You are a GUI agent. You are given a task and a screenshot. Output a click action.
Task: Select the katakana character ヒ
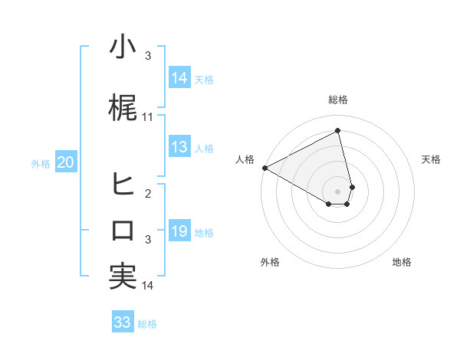click(x=123, y=184)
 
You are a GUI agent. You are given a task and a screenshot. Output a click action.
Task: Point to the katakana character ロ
click(x=123, y=230)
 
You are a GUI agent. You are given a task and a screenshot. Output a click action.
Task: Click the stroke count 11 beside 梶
click(x=148, y=117)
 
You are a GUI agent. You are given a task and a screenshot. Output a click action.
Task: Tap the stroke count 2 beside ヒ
click(x=148, y=193)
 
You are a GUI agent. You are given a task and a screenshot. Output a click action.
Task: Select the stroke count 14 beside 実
click(x=148, y=286)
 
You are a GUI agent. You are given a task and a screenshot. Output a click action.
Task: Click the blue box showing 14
click(x=179, y=78)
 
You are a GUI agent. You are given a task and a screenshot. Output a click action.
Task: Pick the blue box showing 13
click(x=179, y=147)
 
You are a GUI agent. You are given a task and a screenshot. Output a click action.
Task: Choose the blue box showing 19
click(x=179, y=231)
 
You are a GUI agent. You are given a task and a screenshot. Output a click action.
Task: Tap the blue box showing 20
click(x=65, y=162)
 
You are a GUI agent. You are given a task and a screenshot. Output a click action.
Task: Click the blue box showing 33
click(x=122, y=322)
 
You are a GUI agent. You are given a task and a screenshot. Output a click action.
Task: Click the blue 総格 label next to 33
click(x=147, y=324)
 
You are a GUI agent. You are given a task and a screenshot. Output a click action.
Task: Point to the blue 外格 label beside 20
click(x=41, y=164)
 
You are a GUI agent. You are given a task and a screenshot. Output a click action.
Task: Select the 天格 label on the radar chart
click(x=431, y=159)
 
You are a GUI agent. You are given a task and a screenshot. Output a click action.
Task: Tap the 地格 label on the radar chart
click(x=402, y=262)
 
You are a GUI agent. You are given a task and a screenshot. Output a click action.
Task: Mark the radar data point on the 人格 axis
click(x=264, y=167)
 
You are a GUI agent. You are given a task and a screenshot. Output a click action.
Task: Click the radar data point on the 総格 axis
click(x=338, y=130)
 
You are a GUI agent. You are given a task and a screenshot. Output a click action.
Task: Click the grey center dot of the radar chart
click(x=338, y=190)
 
